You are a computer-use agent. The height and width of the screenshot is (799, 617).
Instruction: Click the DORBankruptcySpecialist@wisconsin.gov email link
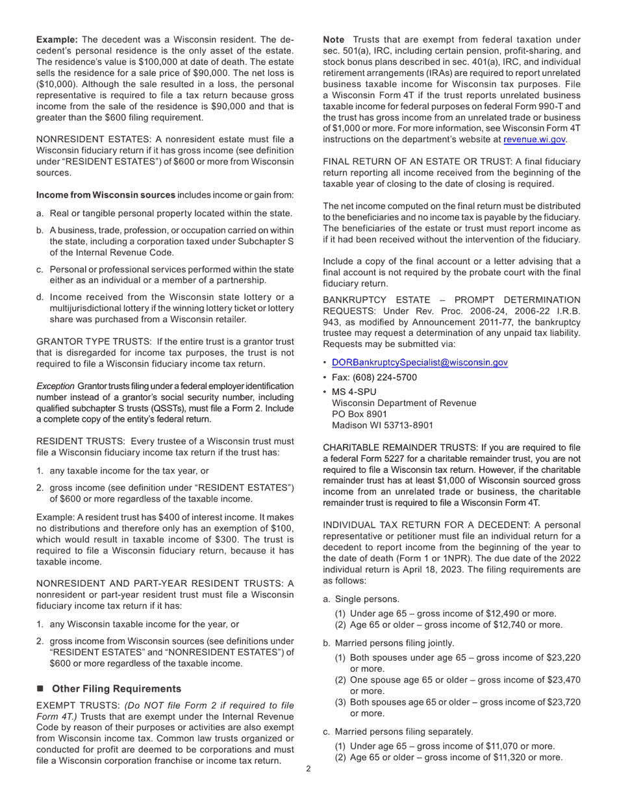420,362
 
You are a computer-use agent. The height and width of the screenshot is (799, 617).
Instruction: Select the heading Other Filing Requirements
116,688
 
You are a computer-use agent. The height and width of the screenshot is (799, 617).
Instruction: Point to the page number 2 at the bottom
308,769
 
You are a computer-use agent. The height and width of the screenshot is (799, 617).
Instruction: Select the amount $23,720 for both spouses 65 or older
562,702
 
